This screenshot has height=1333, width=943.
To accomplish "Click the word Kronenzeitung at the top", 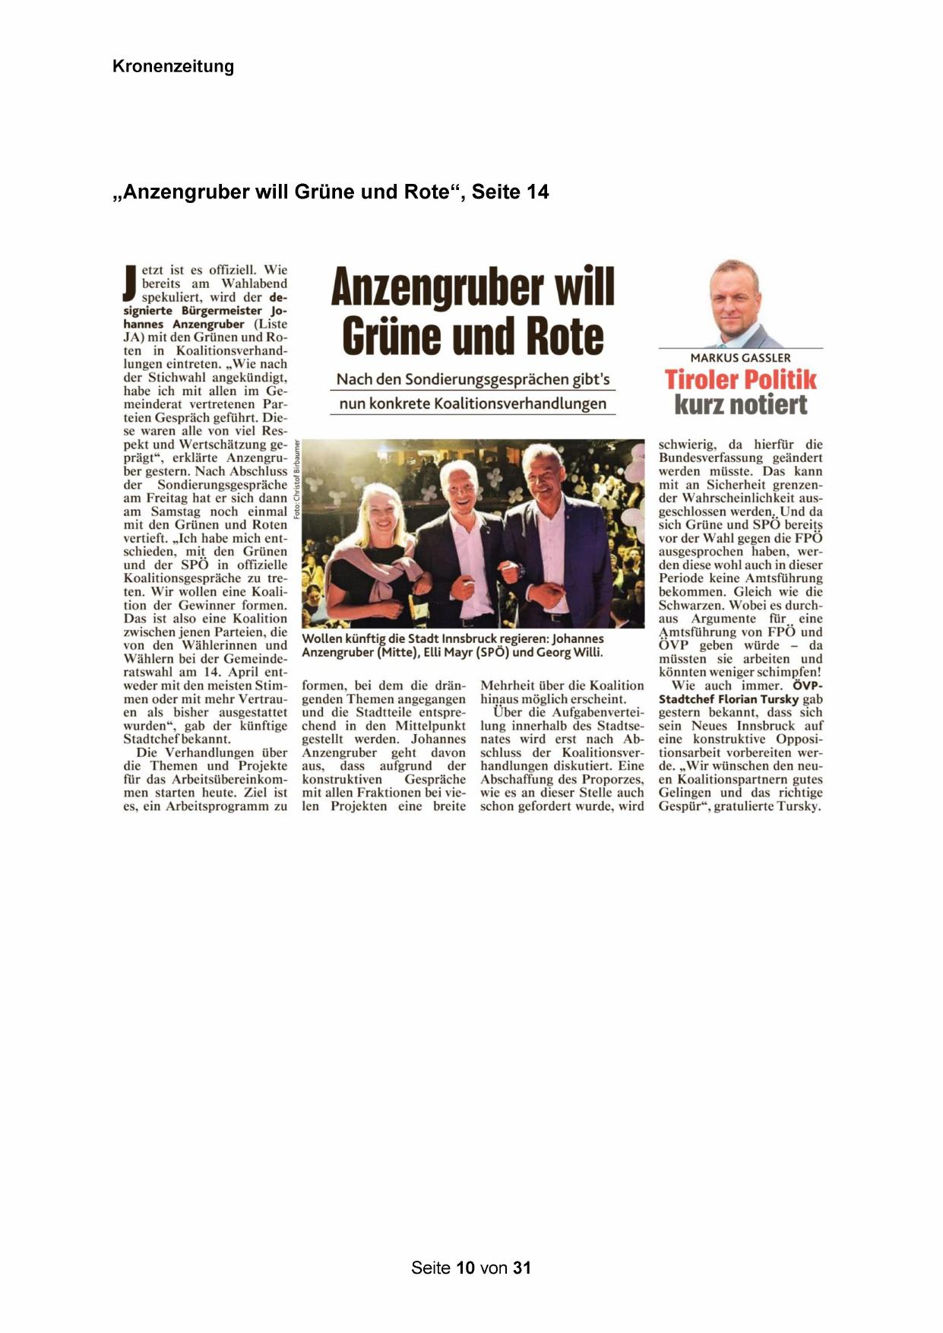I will coord(172,66).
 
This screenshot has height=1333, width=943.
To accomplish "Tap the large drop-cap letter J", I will coord(131,283).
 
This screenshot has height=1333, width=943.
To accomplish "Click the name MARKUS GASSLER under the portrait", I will coord(740,358).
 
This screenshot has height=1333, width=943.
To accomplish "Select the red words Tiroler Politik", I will coord(740,379).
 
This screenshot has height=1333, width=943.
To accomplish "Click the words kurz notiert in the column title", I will coord(740,404).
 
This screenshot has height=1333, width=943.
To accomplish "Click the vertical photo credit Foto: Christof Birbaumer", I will coord(297,480).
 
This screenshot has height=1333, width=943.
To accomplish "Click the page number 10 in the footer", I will coord(466,1268).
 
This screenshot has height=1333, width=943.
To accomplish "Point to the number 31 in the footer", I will coord(521,1268).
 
